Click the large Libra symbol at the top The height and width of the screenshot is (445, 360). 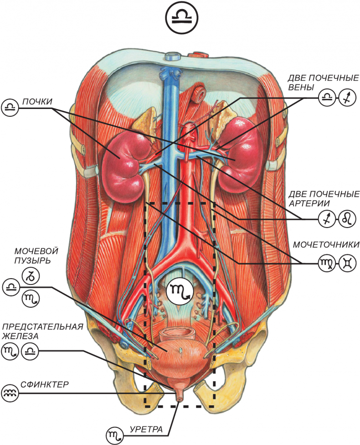pos(180,20)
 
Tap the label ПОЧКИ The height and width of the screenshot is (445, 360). pos(34,101)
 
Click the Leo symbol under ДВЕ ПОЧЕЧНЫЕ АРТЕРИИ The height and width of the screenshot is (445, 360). pos(346,220)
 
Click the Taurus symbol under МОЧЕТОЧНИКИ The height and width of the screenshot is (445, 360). pos(346,264)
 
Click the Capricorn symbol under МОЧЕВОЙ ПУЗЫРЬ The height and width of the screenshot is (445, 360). pos(31,275)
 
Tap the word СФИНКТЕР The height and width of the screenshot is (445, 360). pos(45,384)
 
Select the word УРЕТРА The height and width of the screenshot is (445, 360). pos(145,429)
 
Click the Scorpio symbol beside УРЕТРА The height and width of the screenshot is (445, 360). pos(114,436)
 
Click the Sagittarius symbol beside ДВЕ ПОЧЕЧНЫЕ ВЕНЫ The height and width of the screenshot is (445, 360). pos(346,96)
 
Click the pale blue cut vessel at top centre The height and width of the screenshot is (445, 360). pos(172,57)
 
